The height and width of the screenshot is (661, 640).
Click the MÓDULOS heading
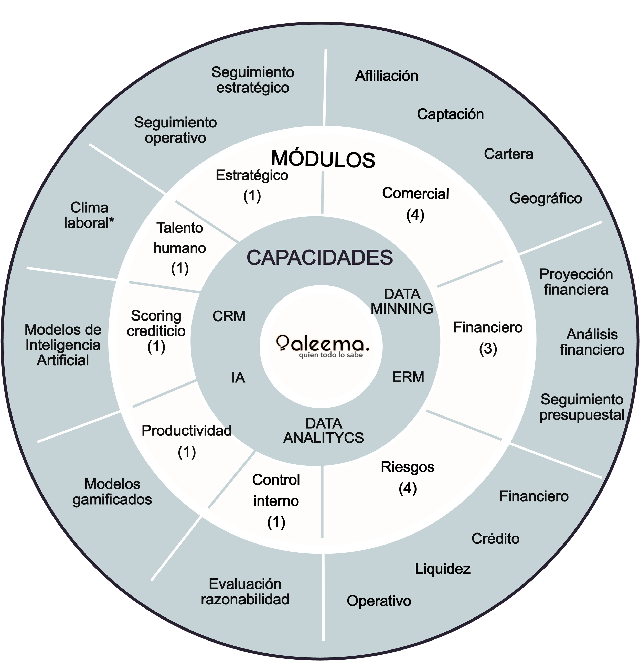(323, 159)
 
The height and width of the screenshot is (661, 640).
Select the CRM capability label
(229, 316)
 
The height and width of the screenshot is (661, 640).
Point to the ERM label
(408, 377)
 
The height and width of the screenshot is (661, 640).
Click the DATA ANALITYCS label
(323, 431)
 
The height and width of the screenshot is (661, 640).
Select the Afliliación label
(386, 76)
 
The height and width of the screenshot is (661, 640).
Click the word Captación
(450, 114)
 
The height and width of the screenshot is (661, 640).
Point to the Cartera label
(508, 154)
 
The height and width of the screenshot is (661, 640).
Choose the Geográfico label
(546, 198)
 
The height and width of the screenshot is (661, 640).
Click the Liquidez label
(442, 569)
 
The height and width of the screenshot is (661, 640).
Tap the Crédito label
(495, 539)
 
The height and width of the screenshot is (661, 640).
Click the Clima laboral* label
(89, 215)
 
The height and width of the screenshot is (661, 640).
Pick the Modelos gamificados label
(112, 492)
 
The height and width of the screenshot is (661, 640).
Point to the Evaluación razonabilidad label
(245, 592)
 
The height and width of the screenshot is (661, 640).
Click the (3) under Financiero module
(488, 348)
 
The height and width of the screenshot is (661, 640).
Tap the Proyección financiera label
(576, 282)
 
